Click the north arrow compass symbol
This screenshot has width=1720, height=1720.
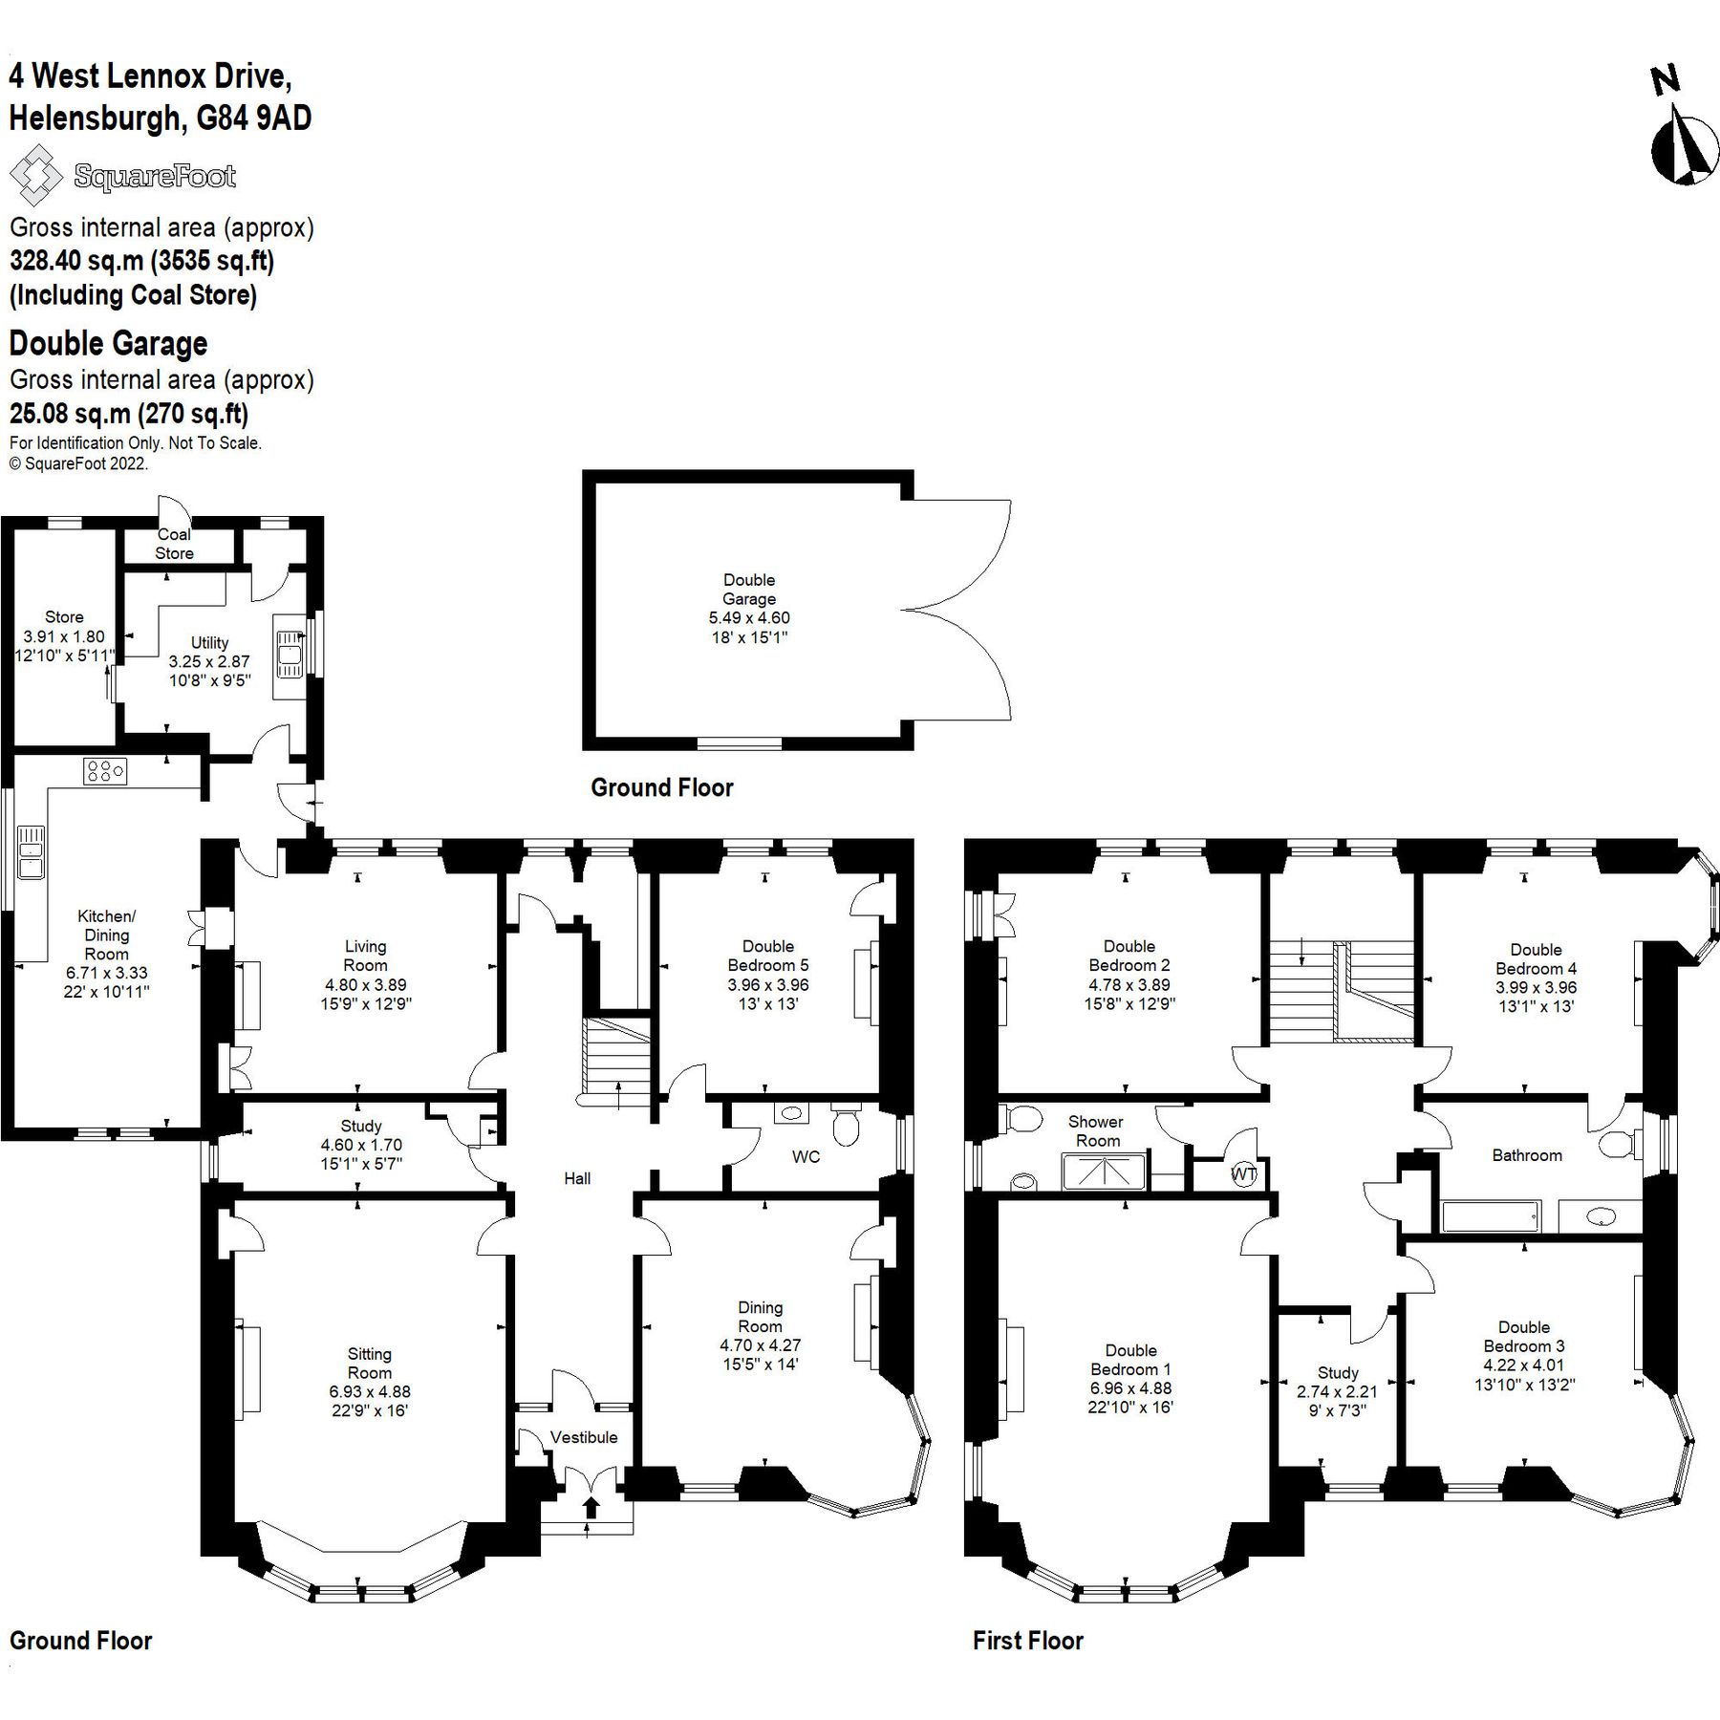click(1684, 148)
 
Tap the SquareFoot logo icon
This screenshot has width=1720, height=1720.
click(34, 175)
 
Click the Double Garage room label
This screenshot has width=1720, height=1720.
click(749, 590)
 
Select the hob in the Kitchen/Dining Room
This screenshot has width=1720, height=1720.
click(105, 771)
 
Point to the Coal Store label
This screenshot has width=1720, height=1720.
click(174, 544)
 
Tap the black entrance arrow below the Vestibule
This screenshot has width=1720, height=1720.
click(591, 1507)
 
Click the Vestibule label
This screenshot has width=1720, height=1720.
click(584, 1437)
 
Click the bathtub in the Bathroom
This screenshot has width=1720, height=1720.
click(1490, 1216)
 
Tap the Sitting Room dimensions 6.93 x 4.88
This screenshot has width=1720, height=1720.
click(370, 1391)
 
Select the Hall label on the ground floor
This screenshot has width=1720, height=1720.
click(577, 1178)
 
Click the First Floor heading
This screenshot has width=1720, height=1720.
click(1028, 1641)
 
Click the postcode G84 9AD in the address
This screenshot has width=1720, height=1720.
click(254, 118)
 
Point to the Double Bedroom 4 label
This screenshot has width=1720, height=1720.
click(1536, 958)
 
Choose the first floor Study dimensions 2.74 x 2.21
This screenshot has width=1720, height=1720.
click(1337, 1391)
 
